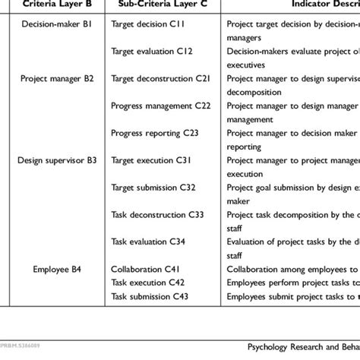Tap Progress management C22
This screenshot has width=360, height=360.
click(x=160, y=105)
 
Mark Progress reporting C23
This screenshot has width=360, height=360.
click(x=155, y=132)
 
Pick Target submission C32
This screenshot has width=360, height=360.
click(x=154, y=187)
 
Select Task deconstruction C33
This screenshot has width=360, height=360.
click(x=157, y=214)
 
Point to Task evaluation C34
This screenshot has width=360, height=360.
click(x=148, y=242)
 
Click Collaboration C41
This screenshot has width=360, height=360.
click(x=145, y=269)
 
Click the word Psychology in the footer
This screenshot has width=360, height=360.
click(x=270, y=346)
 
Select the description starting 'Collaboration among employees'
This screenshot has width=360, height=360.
click(x=292, y=269)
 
